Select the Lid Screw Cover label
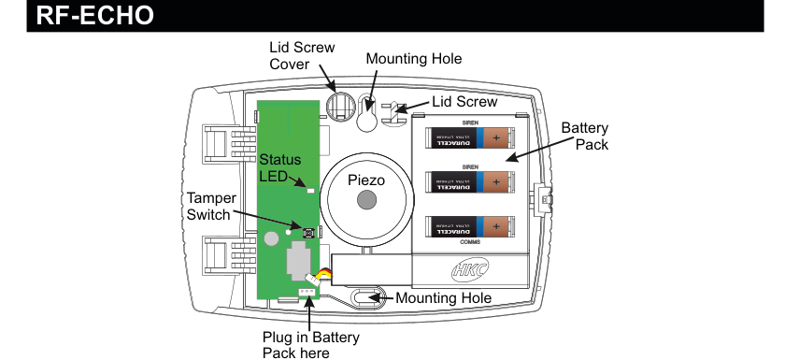pos(301,55)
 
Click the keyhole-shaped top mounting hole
pos(367,117)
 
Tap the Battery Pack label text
pos(585,137)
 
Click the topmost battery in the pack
pos(470,138)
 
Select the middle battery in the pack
pos(470,181)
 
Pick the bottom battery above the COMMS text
pos(470,225)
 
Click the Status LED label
pos(279,168)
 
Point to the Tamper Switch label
pos(208,207)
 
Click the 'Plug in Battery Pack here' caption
pos(309,344)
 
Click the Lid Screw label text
pos(464,101)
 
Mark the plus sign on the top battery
pos(496,138)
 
